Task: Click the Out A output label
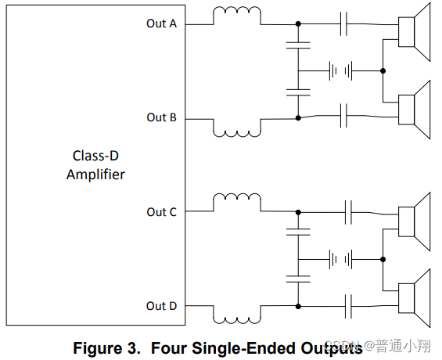click(161, 23)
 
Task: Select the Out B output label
click(161, 117)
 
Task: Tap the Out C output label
click(161, 212)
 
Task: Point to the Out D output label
click(161, 306)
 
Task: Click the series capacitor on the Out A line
click(343, 24)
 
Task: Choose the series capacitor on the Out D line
click(348, 307)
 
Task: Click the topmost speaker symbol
click(414, 32)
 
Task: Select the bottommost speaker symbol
click(414, 298)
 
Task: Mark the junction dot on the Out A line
click(298, 24)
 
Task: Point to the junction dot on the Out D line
click(298, 307)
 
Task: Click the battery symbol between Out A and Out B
click(341, 70)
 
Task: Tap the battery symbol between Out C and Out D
click(341, 259)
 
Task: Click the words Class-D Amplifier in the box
click(96, 165)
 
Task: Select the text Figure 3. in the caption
click(107, 348)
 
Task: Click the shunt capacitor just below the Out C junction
click(298, 232)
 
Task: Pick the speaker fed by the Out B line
click(414, 110)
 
